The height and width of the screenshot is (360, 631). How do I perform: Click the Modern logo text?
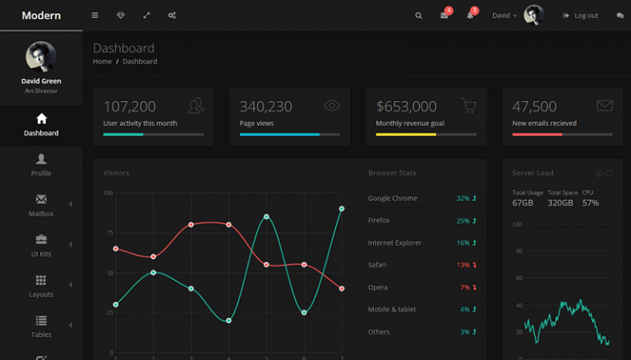[41, 16]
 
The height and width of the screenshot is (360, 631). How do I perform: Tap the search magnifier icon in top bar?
[419, 16]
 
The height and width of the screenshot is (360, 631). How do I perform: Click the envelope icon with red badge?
[444, 16]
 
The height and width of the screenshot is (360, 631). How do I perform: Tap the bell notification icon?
[470, 16]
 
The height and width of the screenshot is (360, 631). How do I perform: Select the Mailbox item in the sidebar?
[41, 205]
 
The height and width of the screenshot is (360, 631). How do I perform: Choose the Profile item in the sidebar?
[41, 165]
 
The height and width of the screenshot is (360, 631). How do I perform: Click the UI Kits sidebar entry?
[41, 246]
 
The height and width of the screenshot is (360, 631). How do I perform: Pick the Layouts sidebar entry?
[41, 286]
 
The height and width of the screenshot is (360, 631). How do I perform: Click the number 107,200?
[129, 106]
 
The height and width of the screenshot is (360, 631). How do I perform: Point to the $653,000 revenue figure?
[406, 106]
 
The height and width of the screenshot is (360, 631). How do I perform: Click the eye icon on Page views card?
[332, 105]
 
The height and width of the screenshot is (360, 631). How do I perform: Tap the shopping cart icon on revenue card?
[468, 105]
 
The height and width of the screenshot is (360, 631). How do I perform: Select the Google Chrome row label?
[393, 198]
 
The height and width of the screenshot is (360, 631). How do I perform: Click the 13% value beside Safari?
[463, 265]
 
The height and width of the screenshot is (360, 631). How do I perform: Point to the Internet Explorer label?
[394, 242]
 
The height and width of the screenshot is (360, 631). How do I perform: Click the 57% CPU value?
[590, 202]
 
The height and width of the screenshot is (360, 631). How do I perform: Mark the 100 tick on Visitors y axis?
[108, 193]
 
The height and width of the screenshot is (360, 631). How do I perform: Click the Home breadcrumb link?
[102, 62]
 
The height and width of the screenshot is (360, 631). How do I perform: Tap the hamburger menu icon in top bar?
[94, 16]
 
